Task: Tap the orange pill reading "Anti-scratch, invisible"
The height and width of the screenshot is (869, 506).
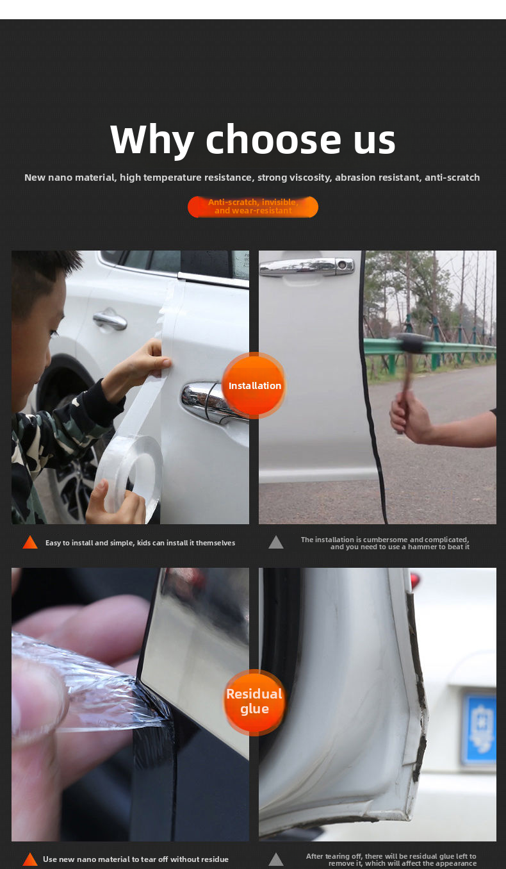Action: pos(253,207)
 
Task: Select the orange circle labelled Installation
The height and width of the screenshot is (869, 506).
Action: pos(254,386)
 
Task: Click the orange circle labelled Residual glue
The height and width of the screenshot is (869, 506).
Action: pos(254,702)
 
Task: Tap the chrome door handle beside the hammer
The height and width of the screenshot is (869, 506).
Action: pos(307,266)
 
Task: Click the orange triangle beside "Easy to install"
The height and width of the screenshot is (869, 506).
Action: pos(30,543)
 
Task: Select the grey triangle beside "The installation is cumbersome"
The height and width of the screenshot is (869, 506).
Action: pos(276,543)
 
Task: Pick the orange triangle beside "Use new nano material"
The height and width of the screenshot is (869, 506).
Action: pos(30,859)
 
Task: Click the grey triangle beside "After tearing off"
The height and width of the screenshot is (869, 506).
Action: pos(276,859)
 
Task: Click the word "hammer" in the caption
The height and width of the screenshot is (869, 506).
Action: pos(420,547)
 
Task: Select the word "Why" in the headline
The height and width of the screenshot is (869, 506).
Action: pos(152,140)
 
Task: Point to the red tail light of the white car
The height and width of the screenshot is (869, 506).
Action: pos(416,581)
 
